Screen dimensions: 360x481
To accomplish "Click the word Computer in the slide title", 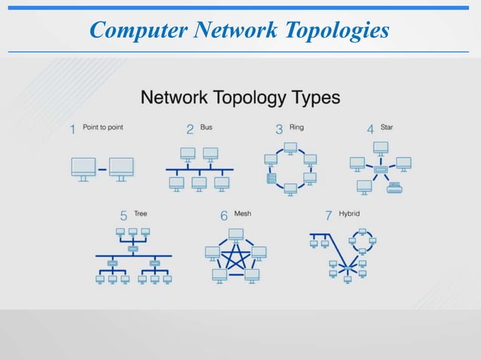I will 138,30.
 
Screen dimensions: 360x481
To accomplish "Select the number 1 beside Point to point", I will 73,130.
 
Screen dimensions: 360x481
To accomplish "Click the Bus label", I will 206,127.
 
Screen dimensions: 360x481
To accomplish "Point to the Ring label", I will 296,127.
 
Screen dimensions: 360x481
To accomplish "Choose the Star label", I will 387,127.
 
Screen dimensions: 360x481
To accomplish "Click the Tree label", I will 141,214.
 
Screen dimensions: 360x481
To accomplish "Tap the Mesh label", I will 243,214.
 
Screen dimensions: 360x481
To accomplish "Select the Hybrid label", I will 349,214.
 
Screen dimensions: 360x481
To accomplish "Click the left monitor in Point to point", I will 84,166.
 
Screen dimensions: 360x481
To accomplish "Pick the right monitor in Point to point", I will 121,166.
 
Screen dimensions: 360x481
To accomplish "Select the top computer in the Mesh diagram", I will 237,234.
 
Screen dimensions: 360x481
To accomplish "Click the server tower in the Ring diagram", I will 271,179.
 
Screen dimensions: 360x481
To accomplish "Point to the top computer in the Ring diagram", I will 291,147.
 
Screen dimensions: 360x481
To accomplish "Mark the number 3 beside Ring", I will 279,130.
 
